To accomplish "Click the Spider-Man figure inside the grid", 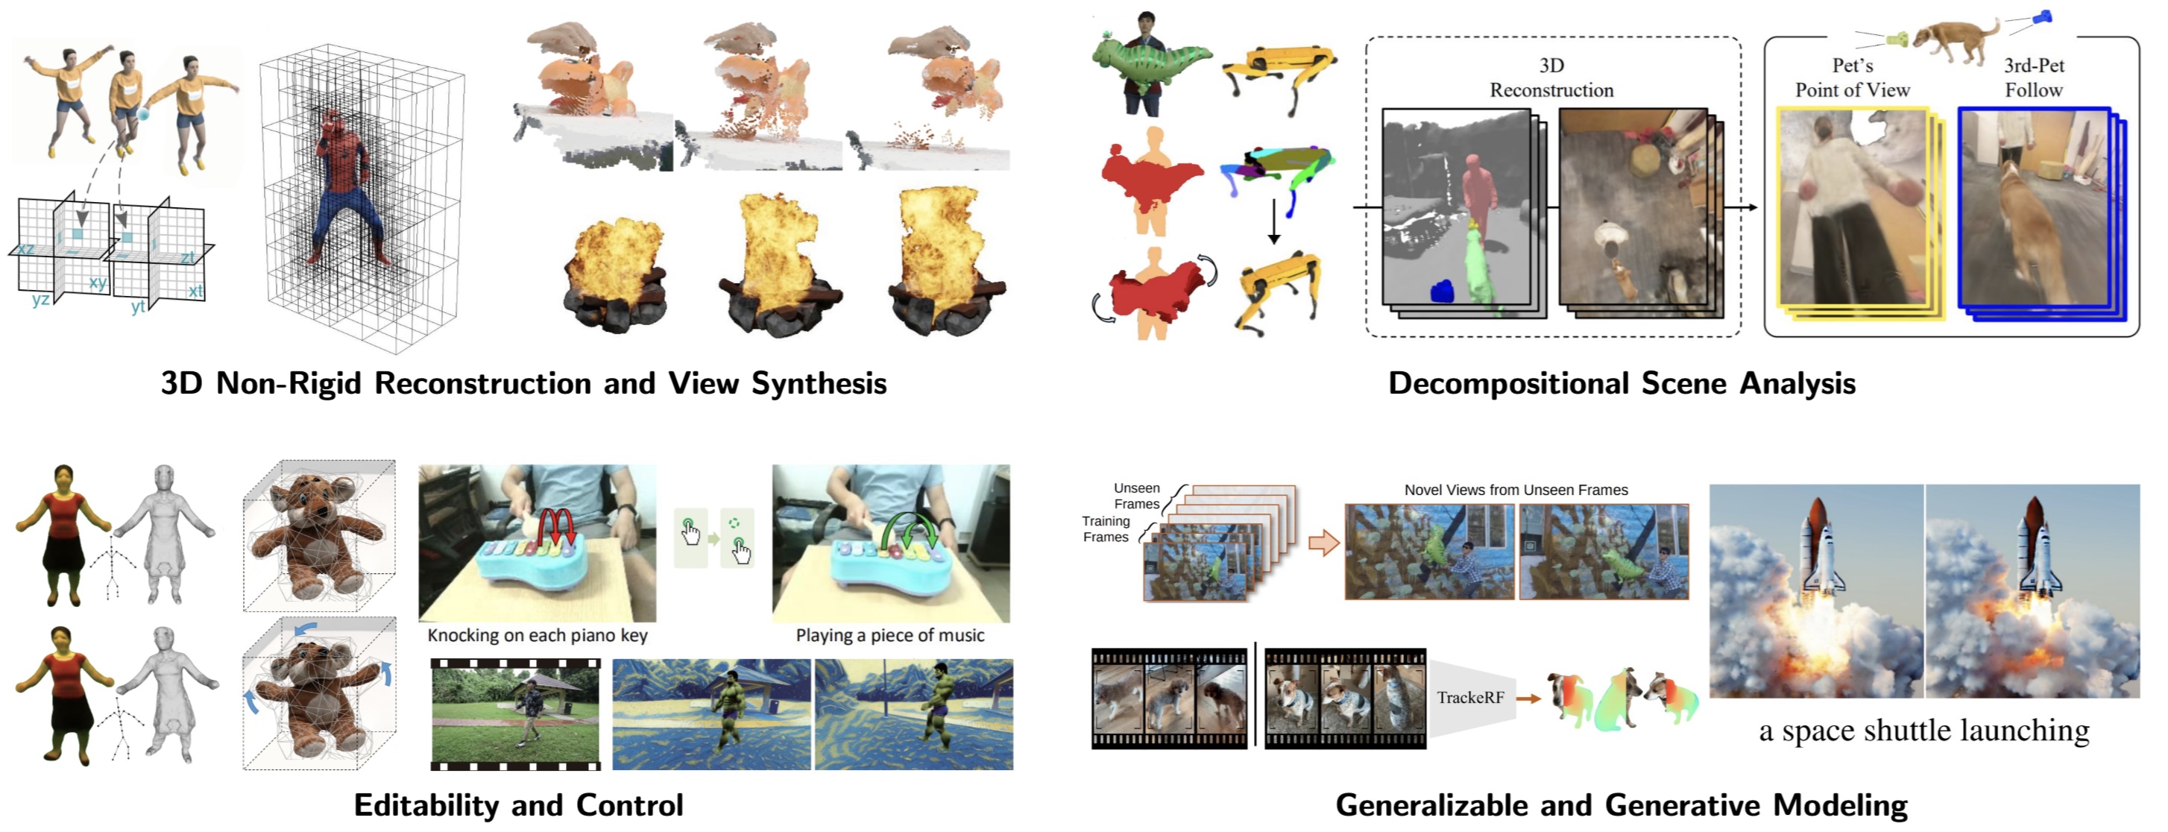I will [344, 189].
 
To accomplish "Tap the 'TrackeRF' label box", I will [1469, 697].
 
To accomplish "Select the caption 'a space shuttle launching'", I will [1924, 730].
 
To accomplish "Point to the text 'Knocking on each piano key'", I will [537, 635].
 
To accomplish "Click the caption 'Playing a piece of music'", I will [889, 635].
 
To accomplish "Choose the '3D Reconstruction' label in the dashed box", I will [1551, 78].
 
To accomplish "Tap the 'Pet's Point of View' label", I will [1853, 78].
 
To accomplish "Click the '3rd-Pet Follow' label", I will [2033, 78].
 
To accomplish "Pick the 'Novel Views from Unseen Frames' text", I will [1516, 490].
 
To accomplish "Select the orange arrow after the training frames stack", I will [1324, 543].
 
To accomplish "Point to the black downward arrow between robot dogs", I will [1273, 221].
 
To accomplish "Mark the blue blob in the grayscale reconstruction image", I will [1442, 291].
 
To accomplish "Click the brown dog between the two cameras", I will [1954, 38].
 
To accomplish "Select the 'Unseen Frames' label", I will [1136, 496].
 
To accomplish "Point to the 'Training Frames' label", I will [1105, 529].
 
